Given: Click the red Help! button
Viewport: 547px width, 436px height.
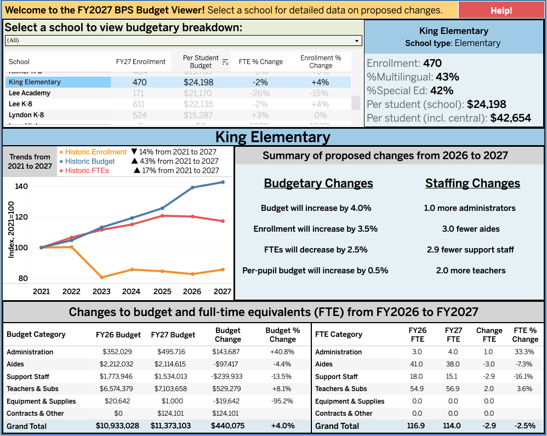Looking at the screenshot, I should click(501, 10).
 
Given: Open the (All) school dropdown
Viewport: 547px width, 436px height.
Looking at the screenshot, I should click(183, 41).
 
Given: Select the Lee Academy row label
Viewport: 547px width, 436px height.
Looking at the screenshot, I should click(30, 93).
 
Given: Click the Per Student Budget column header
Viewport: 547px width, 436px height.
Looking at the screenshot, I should click(201, 62).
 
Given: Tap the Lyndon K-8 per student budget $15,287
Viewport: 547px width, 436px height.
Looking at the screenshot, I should click(198, 115).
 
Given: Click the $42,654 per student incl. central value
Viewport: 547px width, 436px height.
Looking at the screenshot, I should click(510, 118).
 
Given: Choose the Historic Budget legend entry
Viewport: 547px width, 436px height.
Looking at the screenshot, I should click(90, 162).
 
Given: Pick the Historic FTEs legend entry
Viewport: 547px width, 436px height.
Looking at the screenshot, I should click(87, 171).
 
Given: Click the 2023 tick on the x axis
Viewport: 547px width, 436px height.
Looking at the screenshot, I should click(101, 291).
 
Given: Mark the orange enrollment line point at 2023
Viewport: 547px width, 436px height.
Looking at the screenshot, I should click(101, 277).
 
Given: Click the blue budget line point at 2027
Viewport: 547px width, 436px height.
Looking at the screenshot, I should click(223, 182).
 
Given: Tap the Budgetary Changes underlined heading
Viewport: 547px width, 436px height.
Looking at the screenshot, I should click(318, 183).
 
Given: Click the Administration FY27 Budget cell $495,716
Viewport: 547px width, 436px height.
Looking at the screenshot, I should click(173, 352).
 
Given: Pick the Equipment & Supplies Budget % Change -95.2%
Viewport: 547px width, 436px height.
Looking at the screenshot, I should click(282, 401).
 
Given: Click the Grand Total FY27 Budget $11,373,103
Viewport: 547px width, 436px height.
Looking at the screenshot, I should click(171, 426).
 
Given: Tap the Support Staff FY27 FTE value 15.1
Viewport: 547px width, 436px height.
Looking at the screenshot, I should click(453, 376).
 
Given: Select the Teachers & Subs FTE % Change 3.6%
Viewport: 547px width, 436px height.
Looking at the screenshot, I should click(525, 389).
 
